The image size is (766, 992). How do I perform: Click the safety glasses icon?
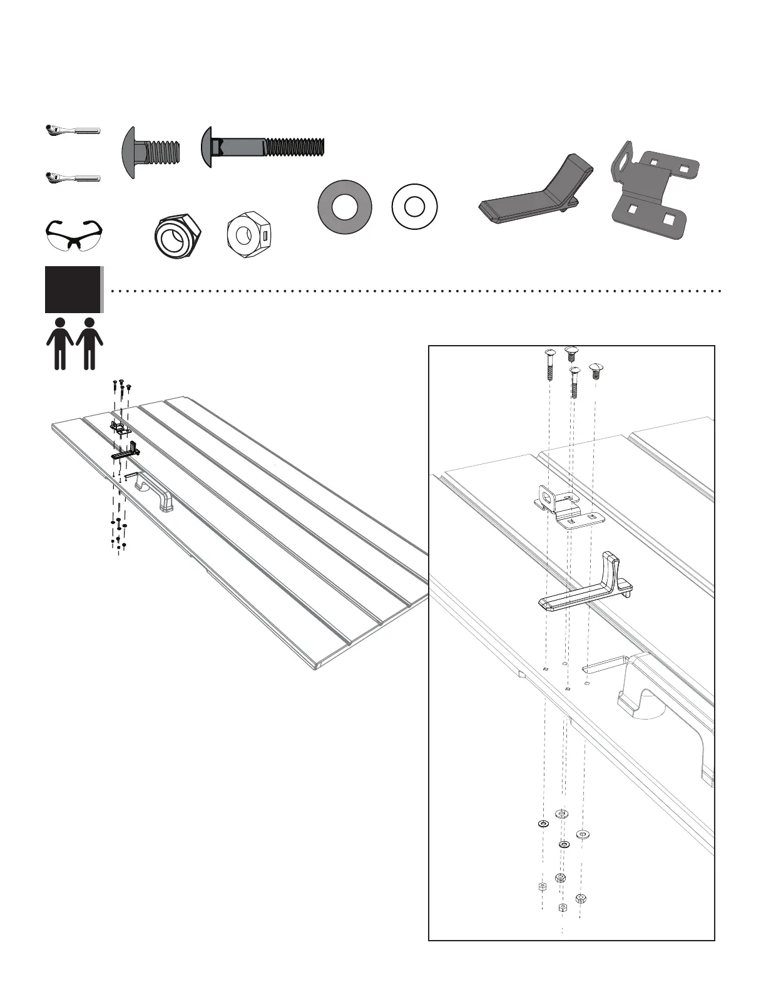point(73,234)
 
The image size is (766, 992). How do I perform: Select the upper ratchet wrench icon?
point(72,130)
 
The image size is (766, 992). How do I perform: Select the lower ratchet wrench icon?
point(72,178)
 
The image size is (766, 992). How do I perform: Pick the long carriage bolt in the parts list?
point(263,148)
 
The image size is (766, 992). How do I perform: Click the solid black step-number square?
point(73,289)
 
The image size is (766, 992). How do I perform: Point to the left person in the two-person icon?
point(61,343)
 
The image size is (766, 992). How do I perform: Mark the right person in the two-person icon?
point(89,343)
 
